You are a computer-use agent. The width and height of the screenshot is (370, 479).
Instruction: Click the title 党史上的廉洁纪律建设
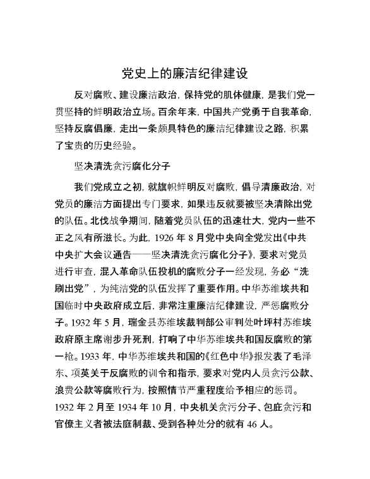[184, 73]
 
